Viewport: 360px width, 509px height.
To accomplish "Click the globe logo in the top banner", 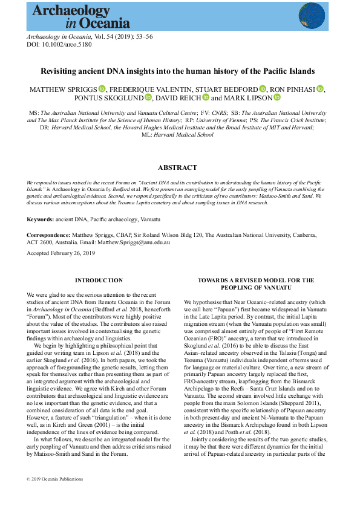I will pos(312,15).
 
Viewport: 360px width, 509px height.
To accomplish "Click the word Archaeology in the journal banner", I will pos(71,10).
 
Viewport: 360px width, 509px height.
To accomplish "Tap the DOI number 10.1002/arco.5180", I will pos(61,45).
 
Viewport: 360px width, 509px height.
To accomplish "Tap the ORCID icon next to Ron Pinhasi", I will pos(320,89).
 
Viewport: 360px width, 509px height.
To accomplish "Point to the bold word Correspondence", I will pos(48,234).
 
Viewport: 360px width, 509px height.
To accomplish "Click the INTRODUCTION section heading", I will pos(99,280).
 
